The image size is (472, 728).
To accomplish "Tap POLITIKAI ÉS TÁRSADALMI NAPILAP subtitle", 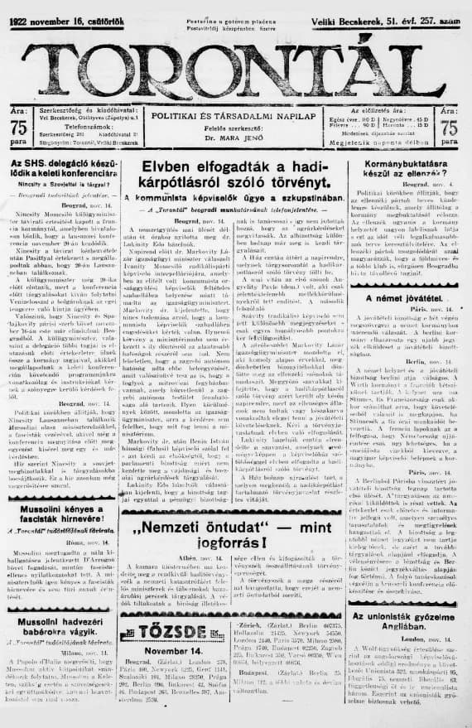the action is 237,118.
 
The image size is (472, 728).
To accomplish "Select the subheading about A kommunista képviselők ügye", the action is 237,199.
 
